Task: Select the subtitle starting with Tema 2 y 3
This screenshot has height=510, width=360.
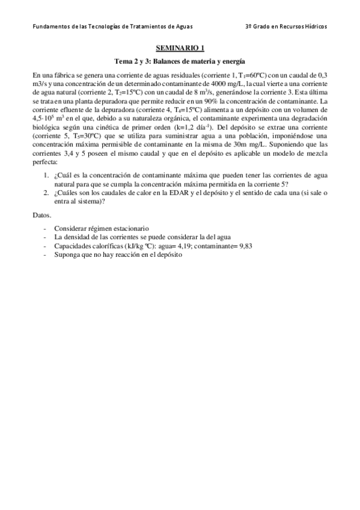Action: (x=180, y=61)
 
